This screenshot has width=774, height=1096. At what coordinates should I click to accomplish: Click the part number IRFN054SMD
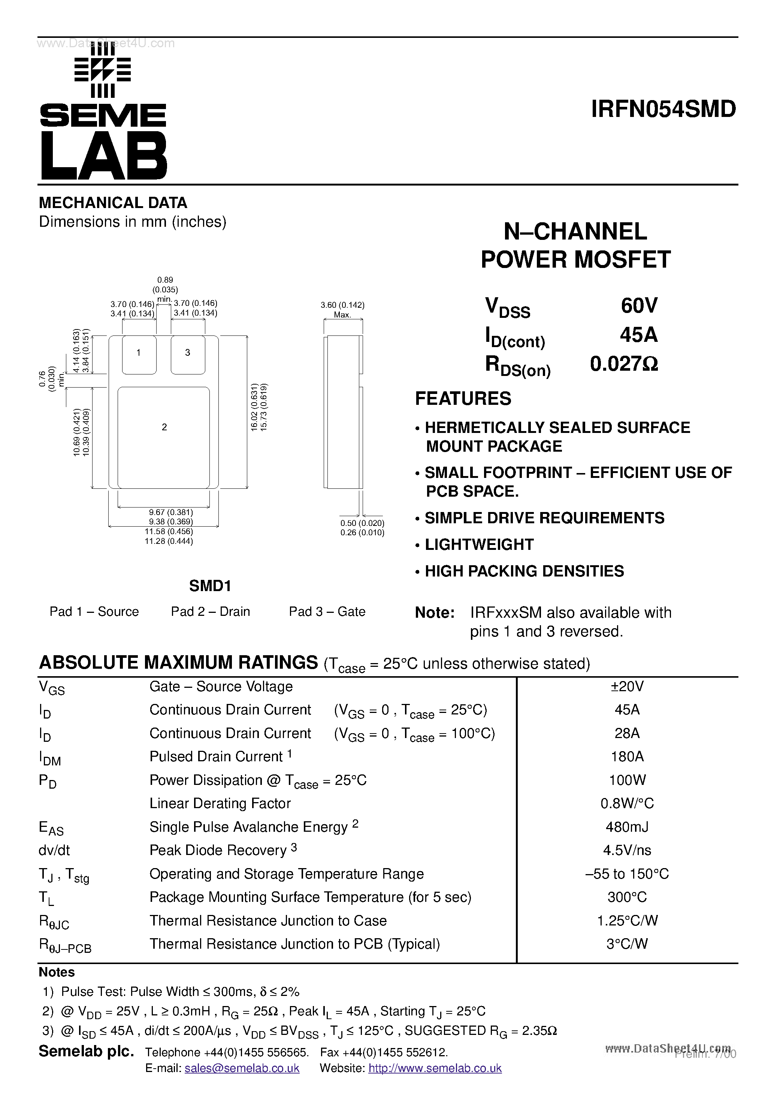tap(663, 109)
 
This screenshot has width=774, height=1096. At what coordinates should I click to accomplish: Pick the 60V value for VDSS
tap(639, 305)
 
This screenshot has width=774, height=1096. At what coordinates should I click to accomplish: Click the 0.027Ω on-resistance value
tap(624, 364)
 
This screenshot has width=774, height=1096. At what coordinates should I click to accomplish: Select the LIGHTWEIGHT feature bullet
tap(479, 545)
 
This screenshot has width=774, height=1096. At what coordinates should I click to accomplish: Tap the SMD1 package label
tap(210, 586)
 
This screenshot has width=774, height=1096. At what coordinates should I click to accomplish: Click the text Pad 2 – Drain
tap(211, 611)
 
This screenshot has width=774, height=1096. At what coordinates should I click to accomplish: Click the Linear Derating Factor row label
tap(220, 803)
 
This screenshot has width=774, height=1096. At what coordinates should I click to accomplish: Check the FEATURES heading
tap(463, 398)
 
